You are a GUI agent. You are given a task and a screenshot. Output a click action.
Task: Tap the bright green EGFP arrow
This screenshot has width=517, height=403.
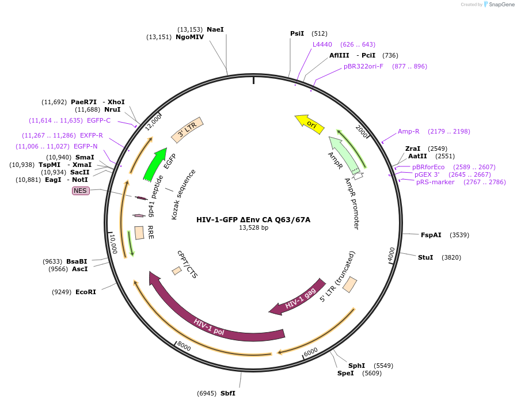(155, 164)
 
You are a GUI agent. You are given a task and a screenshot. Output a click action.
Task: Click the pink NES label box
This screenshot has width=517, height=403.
(81, 191)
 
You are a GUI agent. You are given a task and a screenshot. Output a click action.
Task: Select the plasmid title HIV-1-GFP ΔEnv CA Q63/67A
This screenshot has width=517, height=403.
(253, 219)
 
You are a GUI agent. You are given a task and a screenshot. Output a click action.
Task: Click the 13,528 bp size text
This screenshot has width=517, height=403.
(253, 228)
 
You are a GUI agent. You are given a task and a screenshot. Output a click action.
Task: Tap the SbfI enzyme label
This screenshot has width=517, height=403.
(227, 393)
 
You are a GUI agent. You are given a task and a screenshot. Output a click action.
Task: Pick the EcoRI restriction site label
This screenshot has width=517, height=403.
(86, 292)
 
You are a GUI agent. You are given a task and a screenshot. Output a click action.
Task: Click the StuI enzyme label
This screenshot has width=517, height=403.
(425, 257)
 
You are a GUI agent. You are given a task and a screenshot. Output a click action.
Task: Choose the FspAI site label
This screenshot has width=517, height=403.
(431, 235)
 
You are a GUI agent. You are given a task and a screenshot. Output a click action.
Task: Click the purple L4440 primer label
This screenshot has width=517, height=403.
(322, 44)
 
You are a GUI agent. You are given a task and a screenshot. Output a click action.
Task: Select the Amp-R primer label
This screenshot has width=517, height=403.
(409, 131)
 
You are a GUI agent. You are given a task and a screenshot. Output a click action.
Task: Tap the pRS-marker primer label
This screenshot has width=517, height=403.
(435, 182)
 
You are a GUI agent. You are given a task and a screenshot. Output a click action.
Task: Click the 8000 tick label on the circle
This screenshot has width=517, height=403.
(184, 347)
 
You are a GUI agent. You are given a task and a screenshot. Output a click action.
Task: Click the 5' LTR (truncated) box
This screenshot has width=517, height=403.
(349, 284)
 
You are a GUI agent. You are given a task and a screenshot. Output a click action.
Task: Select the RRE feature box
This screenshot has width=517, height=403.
(139, 233)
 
